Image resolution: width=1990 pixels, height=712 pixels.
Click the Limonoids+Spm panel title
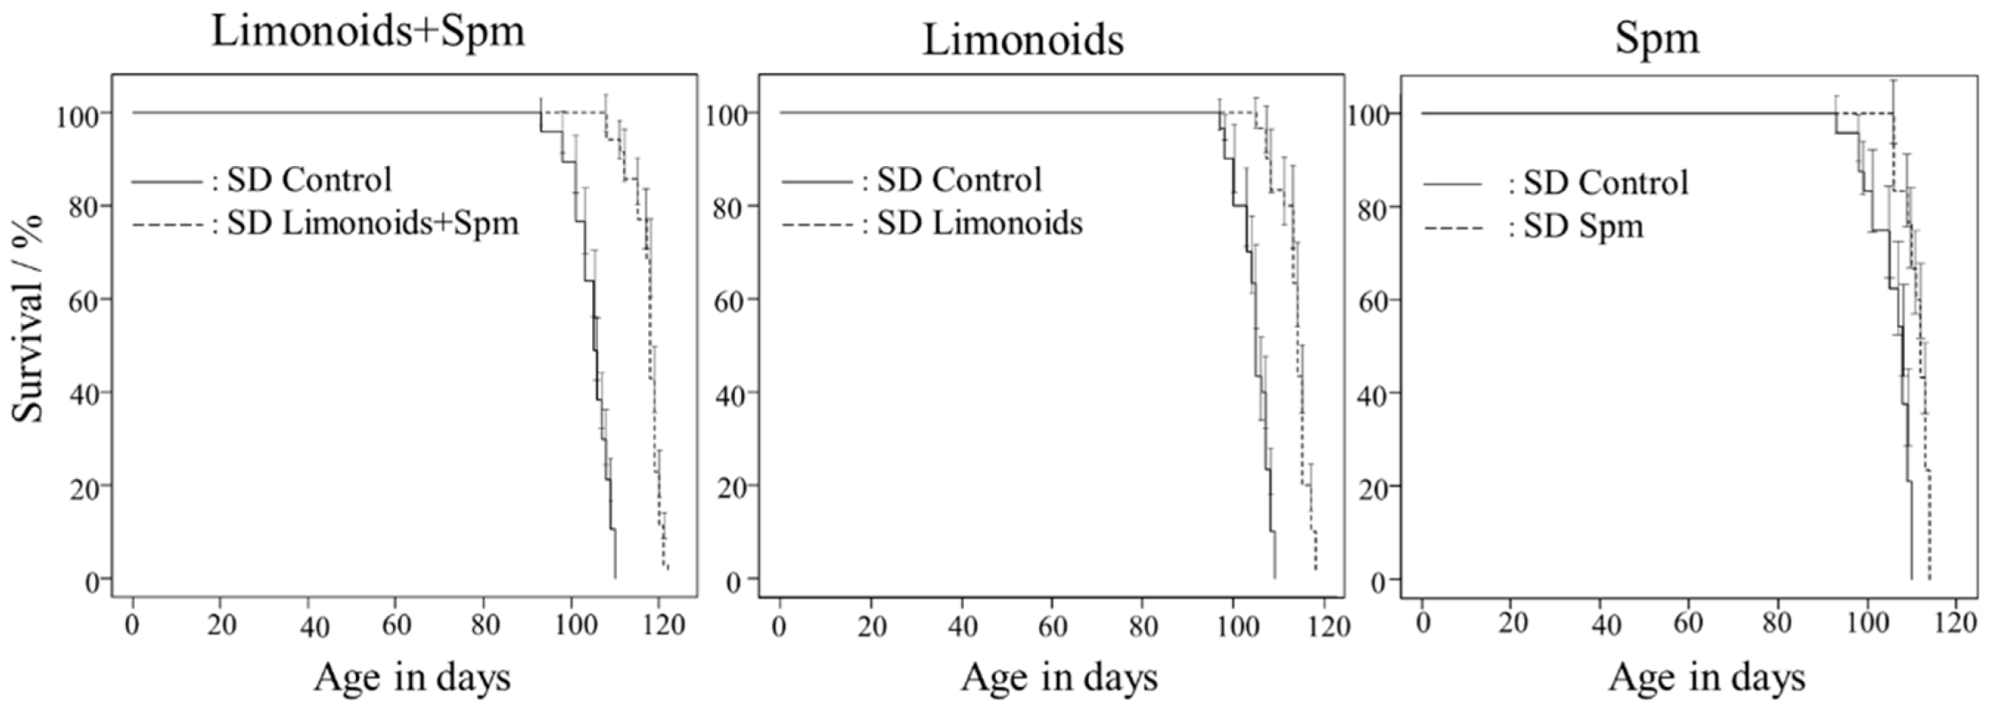point(367,33)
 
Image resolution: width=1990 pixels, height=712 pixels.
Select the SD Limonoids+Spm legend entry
point(372,223)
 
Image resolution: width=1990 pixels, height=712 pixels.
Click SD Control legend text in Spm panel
point(1606,184)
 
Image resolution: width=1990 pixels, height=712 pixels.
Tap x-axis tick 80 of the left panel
point(485,626)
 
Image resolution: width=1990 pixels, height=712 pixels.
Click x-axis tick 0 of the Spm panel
point(1423,624)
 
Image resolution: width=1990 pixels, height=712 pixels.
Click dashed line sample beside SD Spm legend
point(1453,228)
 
